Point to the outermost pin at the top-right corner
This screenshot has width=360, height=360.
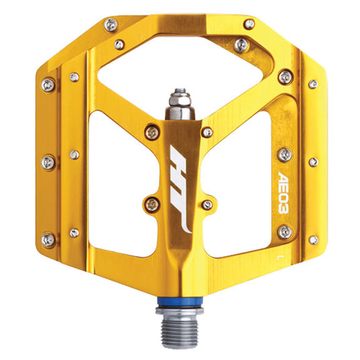250,24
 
